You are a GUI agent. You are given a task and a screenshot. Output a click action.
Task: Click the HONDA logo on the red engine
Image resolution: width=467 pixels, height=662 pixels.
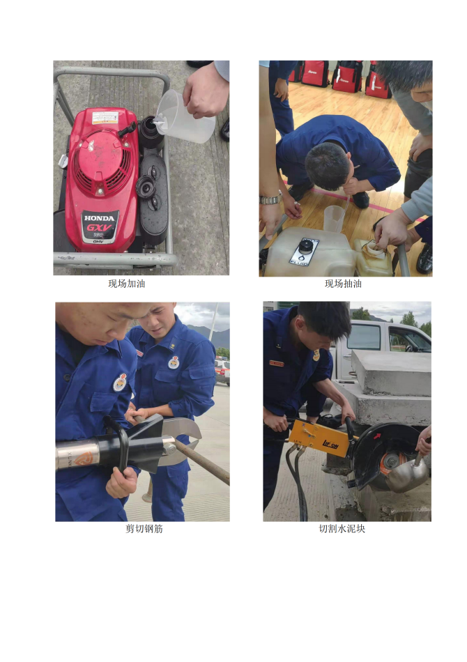[99, 218]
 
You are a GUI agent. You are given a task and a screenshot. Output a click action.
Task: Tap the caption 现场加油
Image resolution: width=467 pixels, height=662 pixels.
[127, 284]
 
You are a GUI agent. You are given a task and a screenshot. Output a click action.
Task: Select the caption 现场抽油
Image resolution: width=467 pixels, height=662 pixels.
[343, 284]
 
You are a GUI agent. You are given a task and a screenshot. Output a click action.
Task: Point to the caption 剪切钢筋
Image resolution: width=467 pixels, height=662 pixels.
[144, 529]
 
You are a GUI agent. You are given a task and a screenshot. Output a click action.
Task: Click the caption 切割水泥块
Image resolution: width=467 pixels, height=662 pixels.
[342, 529]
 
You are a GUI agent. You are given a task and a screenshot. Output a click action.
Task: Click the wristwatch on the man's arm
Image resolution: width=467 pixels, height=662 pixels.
[270, 199]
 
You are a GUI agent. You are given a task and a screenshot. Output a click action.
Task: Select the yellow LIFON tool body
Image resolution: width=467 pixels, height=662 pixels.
[320, 438]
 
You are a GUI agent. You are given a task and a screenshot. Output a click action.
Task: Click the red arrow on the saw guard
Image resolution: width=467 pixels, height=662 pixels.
[377, 436]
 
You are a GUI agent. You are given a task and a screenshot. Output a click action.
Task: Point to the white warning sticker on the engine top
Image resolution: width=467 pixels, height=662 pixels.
[105, 117]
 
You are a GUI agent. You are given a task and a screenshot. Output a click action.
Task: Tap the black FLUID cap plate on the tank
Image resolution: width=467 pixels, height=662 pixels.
[304, 252]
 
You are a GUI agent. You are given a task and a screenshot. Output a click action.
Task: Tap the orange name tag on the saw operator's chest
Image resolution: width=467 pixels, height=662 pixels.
[277, 363]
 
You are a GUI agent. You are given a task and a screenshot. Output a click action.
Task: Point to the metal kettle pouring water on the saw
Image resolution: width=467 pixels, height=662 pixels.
[408, 473]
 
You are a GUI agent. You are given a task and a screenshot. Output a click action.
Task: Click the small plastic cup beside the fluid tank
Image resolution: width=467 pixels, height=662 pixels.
[334, 218]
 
